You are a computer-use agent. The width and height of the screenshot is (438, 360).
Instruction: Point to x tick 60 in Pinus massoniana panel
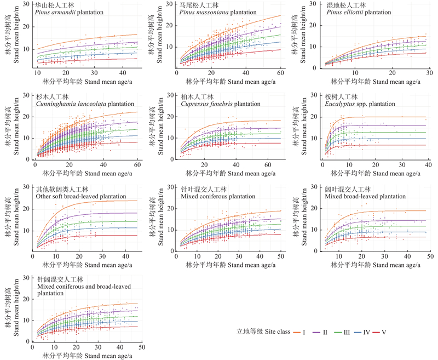click(280, 73)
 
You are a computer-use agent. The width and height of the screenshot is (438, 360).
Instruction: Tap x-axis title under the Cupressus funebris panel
click(227, 174)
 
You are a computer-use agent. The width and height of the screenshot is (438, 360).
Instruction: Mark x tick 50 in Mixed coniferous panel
click(280, 258)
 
